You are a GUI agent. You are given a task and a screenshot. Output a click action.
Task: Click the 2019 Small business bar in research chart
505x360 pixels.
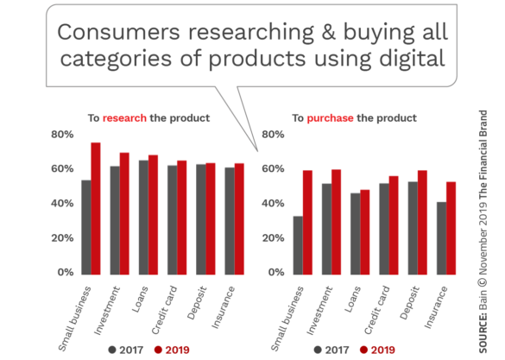coord(96,209)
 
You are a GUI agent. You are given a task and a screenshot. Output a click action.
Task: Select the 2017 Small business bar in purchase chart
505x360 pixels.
coord(298,245)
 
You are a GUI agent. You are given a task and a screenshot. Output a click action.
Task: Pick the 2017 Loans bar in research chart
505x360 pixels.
coord(143,218)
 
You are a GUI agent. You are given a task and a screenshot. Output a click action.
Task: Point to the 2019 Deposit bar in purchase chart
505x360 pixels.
coord(422,223)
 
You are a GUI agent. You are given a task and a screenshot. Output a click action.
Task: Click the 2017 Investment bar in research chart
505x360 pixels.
coord(115,220)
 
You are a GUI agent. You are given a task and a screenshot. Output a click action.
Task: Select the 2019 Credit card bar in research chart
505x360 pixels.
coord(181,218)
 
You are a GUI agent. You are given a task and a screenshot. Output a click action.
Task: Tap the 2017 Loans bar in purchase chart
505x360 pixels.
coord(356,234)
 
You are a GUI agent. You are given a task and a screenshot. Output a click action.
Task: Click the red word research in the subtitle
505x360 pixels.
coord(124,118)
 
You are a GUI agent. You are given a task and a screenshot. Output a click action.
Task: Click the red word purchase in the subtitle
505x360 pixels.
coord(330,118)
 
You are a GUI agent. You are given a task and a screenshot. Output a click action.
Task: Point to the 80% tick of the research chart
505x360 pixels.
coord(62,135)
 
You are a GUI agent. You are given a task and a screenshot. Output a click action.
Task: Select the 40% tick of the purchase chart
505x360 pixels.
coord(273,204)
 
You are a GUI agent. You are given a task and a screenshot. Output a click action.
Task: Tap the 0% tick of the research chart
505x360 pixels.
coord(66,273)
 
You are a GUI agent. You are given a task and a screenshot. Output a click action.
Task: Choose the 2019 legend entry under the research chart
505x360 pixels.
coord(172,350)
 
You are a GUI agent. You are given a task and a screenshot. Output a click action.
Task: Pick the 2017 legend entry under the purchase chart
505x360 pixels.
coord(331,350)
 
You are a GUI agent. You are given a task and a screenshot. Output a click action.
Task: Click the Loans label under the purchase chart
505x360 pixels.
coord(353,300)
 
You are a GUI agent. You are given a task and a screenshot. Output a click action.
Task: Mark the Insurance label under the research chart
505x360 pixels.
coord(224,308)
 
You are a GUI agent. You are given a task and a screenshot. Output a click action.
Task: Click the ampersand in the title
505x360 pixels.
coord(329,32)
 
